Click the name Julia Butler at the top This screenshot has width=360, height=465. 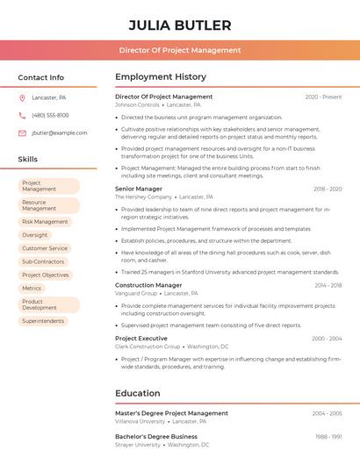[x=180, y=25]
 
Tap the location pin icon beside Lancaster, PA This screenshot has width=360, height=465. [x=22, y=97]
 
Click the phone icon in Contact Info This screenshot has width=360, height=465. [x=22, y=115]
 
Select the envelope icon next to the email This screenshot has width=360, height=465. [x=22, y=132]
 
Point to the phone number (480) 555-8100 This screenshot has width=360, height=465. [x=50, y=115]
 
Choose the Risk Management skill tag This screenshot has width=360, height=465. [x=45, y=222]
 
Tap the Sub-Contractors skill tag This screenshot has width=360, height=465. [x=43, y=261]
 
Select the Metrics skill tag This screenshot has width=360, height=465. [x=32, y=288]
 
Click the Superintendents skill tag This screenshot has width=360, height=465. [x=43, y=321]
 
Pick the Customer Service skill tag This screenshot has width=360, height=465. [x=45, y=248]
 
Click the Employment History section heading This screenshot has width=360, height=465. [x=161, y=77]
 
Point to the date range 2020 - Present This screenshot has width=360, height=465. [x=323, y=97]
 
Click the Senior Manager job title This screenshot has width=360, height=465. [x=139, y=189]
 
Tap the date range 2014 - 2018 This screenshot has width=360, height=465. [x=328, y=285]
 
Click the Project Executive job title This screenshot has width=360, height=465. [x=141, y=338]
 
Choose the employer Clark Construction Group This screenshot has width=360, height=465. [x=148, y=347]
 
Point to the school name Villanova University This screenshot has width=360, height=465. [x=140, y=421]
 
